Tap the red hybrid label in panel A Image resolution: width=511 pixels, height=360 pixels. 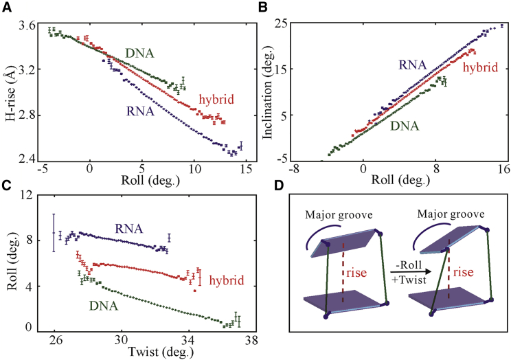[x=216, y=100]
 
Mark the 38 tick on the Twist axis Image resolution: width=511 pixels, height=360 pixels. [x=251, y=340]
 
